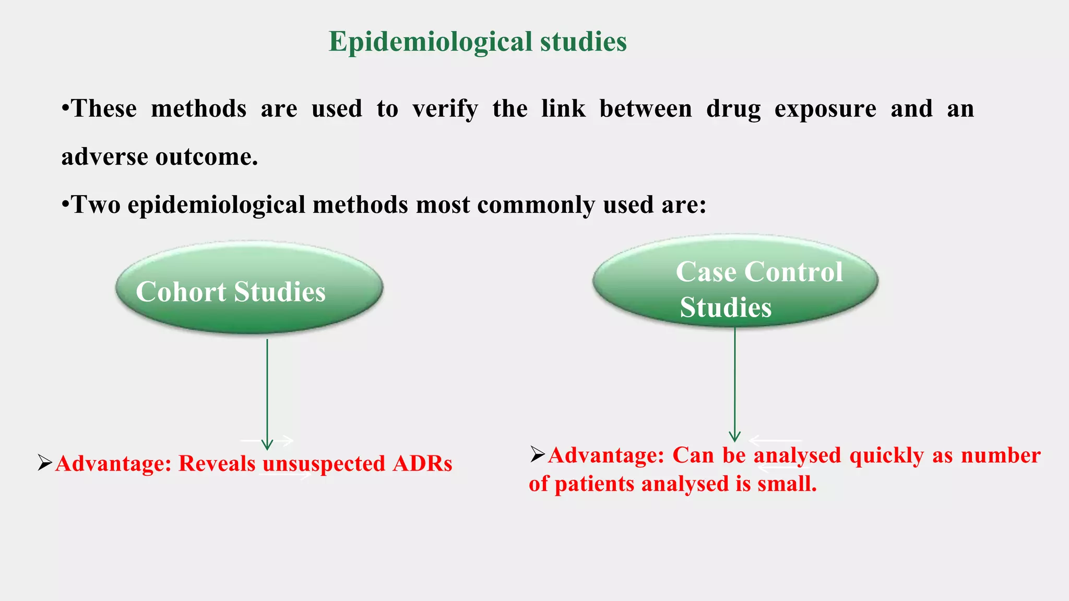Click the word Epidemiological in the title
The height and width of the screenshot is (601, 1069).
pyautogui.click(x=431, y=42)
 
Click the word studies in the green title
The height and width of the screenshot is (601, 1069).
pyautogui.click(x=583, y=42)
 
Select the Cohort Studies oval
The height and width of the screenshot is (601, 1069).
pyautogui.click(x=250, y=289)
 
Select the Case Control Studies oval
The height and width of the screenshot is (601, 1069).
pyautogui.click(x=735, y=282)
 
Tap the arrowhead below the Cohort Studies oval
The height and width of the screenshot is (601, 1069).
pyautogui.click(x=267, y=444)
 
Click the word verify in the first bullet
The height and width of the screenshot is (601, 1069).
pyautogui.click(x=445, y=109)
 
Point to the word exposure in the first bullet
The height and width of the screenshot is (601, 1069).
pyautogui.click(x=825, y=109)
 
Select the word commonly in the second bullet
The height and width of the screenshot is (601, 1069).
pyautogui.click(x=536, y=205)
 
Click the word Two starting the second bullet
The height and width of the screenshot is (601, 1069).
pyautogui.click(x=95, y=205)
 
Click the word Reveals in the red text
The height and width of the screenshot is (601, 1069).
pyautogui.click(x=217, y=464)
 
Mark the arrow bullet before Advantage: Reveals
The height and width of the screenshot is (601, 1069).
pyautogui.click(x=45, y=463)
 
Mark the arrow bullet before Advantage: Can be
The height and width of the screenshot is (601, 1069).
pyautogui.click(x=538, y=454)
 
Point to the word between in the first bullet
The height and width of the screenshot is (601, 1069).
pyautogui.click(x=645, y=109)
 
